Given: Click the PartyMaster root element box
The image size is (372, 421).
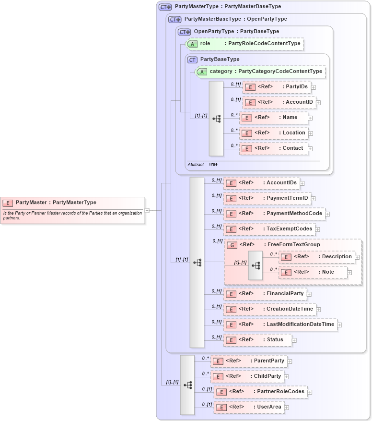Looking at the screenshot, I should tap(72, 203).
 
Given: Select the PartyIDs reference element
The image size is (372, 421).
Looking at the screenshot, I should tap(277, 87).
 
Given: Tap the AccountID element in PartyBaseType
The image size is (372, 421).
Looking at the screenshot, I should tap(279, 102).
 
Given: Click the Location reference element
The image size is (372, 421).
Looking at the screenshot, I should tap(273, 133).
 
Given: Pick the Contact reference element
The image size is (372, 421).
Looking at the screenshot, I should tap(273, 148).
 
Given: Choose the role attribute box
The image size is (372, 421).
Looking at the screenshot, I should tap(245, 44).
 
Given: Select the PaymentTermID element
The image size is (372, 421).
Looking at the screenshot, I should tap(267, 198).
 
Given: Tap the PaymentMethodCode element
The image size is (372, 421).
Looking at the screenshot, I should tap(274, 214).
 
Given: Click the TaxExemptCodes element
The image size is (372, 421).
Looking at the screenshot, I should tap(269, 229).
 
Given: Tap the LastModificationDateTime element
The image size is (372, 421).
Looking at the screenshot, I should tap(280, 325).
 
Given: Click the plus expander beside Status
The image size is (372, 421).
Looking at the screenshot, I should tap(294, 340).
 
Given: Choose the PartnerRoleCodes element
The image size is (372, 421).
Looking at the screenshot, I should tap(260, 392).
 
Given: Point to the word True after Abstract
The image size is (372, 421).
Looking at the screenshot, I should tap(213, 164).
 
